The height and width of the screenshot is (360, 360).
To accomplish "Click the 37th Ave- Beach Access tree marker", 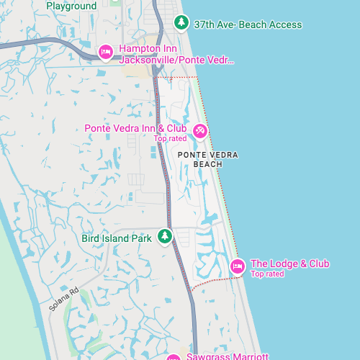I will [x=182, y=23].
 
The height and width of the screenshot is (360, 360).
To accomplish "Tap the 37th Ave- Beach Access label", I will [x=248, y=24].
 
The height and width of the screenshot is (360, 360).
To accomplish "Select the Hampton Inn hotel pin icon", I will [x=105, y=51].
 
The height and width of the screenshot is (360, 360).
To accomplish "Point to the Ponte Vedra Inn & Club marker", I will [x=200, y=131].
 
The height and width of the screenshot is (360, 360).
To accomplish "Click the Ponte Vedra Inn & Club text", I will [x=135, y=128].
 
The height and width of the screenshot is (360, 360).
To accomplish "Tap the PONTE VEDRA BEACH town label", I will [x=207, y=159].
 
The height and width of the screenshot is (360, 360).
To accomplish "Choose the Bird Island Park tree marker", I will [x=165, y=236].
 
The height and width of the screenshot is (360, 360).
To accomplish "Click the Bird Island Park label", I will [x=115, y=238].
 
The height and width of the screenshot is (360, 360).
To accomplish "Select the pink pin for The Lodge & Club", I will [x=237, y=267].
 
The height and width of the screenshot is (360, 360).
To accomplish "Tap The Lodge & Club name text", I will [x=289, y=264].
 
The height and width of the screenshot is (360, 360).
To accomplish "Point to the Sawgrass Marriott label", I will [x=227, y=356].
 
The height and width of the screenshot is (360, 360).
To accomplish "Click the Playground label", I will [x=71, y=6].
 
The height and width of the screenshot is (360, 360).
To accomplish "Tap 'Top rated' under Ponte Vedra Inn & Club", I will [x=170, y=138].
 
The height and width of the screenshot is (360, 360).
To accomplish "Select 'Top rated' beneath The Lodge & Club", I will [x=267, y=274].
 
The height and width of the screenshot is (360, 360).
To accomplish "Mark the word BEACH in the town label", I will [x=207, y=164].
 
